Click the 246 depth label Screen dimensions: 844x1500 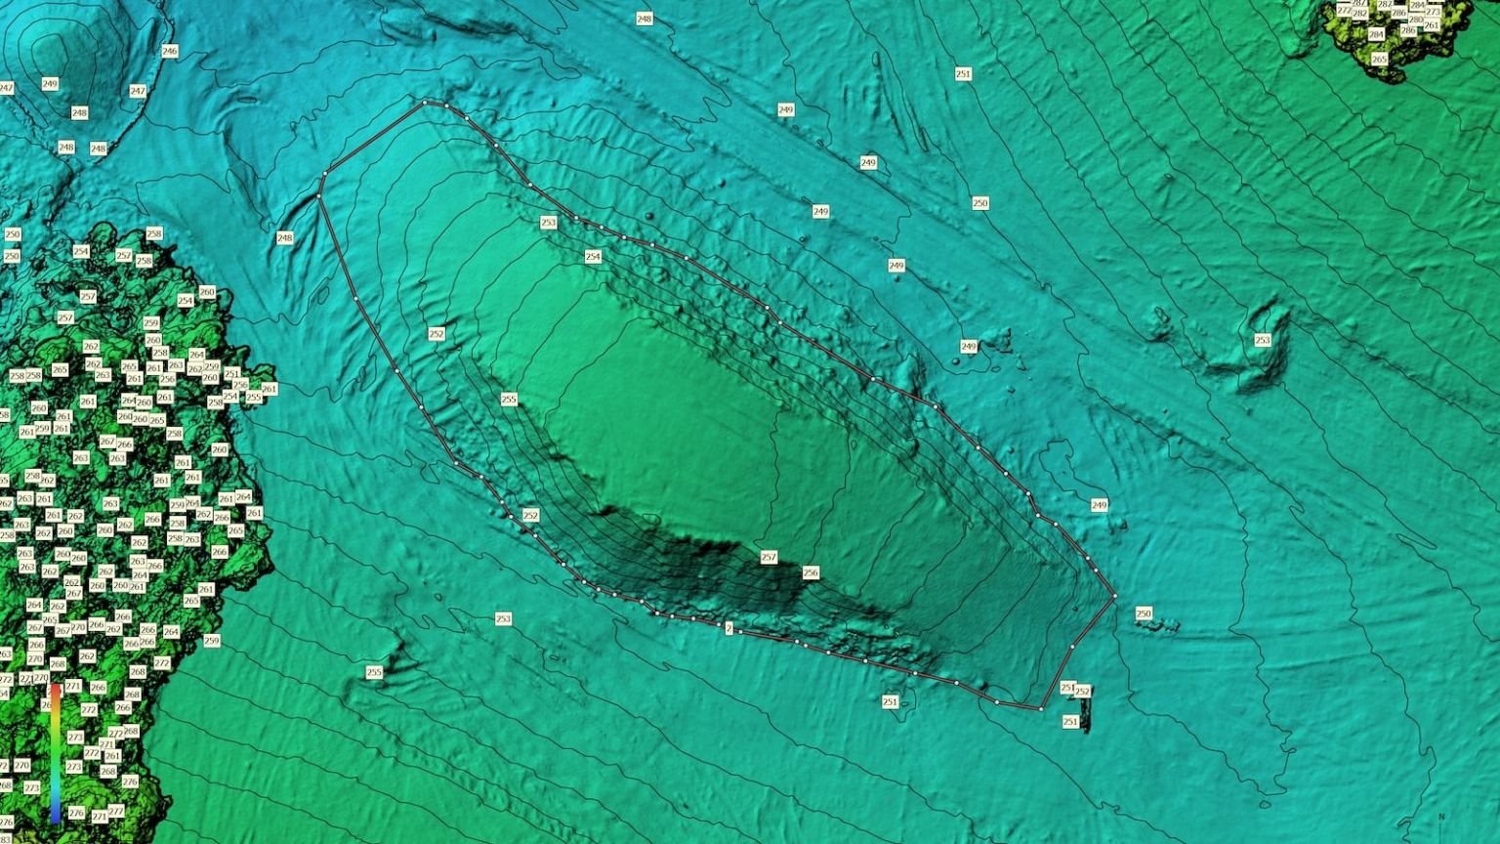pos(169,51)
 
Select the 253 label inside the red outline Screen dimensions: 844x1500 pos(548,223)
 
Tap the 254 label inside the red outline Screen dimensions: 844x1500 pos(593,257)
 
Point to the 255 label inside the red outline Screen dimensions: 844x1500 pos(508,400)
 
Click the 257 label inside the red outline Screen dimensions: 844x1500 pos(769,557)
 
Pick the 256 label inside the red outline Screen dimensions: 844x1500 pos(810,572)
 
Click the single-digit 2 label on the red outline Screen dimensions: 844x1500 pos(729,629)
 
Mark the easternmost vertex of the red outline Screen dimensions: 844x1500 pos(1114,595)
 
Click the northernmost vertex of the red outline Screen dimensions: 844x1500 pos(425,102)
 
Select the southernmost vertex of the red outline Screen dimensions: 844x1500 pos(1040,708)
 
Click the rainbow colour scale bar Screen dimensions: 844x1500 pos(56,752)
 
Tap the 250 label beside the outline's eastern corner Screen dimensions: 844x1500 pos(1144,613)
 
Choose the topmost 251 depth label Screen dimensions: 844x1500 pos(963,74)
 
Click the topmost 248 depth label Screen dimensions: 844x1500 pos(644,20)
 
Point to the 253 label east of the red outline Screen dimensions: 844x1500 pos(1262,340)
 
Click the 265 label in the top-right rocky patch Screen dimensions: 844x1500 pos(1379,59)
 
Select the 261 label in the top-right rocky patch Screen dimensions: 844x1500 pos(1432,25)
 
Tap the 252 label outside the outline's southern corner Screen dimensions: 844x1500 pos(1082,692)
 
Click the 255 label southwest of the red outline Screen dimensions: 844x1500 pos(374,672)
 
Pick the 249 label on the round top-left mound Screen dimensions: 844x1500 pos(50,84)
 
